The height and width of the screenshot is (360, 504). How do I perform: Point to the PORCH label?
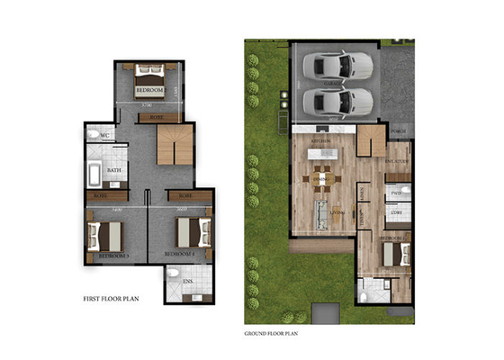tap(400, 130)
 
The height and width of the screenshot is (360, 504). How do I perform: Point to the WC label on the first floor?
tap(105, 137)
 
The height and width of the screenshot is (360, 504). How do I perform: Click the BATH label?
tap(113, 169)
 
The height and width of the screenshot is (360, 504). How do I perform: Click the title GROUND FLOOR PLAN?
tap(274, 333)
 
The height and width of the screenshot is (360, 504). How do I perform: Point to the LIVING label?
tap(337, 211)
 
